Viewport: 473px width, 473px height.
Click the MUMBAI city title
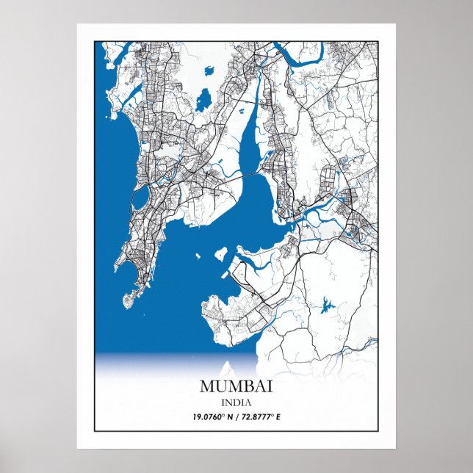236,386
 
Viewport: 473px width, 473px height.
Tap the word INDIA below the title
236,402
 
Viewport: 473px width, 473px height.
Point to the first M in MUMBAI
206,386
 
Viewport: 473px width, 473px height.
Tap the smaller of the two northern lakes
210,72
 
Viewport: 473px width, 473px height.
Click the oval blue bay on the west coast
138,200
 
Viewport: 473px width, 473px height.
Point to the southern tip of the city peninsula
126,302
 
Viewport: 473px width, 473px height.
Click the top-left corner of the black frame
95,41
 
